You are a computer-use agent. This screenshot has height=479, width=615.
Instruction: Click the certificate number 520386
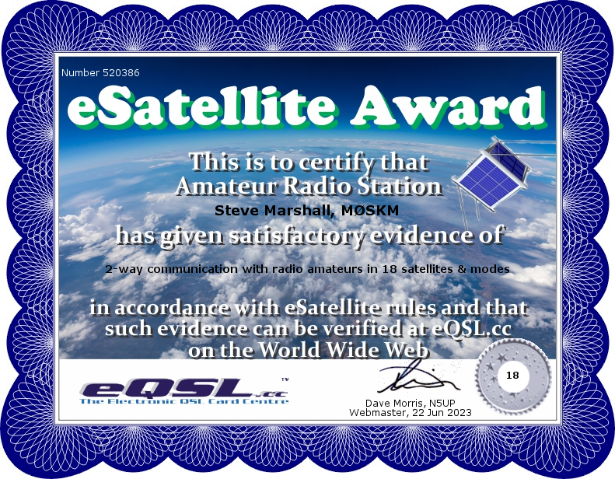[x=121, y=72]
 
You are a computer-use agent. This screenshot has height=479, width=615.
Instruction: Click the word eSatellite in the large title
[x=201, y=107]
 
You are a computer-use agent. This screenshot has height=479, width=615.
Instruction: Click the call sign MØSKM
[x=370, y=210]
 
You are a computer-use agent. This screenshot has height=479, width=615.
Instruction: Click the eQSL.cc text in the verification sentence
[x=472, y=328]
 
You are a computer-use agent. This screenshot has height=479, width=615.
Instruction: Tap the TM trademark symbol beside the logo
[x=285, y=379]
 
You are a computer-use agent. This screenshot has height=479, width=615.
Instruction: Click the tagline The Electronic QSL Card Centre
[x=184, y=401]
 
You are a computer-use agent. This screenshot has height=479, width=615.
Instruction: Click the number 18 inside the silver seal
[x=512, y=376]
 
